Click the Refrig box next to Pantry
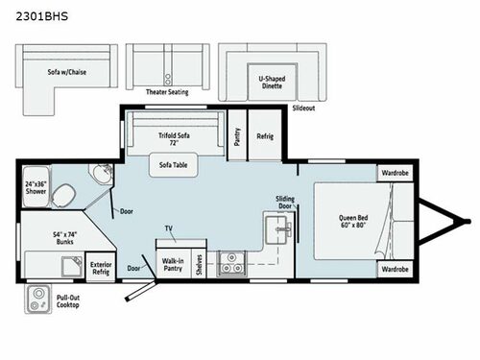[265, 136]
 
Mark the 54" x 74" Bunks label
[44, 236]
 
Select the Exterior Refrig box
[100, 266]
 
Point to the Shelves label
[198, 262]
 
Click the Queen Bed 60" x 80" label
[351, 220]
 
